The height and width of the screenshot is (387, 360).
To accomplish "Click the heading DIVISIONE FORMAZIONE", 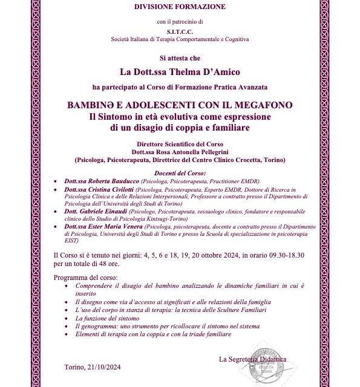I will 180,7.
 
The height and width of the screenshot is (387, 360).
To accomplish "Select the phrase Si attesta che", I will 180,58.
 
